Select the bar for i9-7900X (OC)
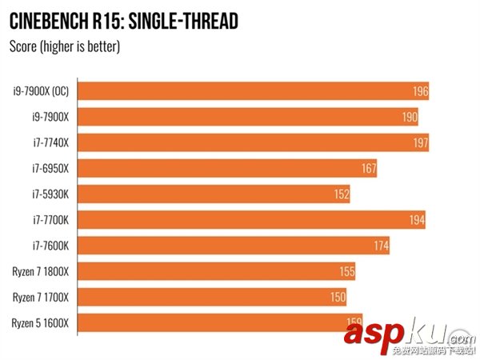click(x=254, y=90)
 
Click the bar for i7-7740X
click(x=254, y=142)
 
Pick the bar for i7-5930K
click(x=214, y=194)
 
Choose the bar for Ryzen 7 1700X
click(x=213, y=298)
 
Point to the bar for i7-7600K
click(x=234, y=246)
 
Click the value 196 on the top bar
click(x=420, y=91)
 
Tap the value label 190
click(x=410, y=117)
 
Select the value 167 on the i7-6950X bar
click(x=368, y=169)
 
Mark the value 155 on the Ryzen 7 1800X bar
click(x=346, y=272)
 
